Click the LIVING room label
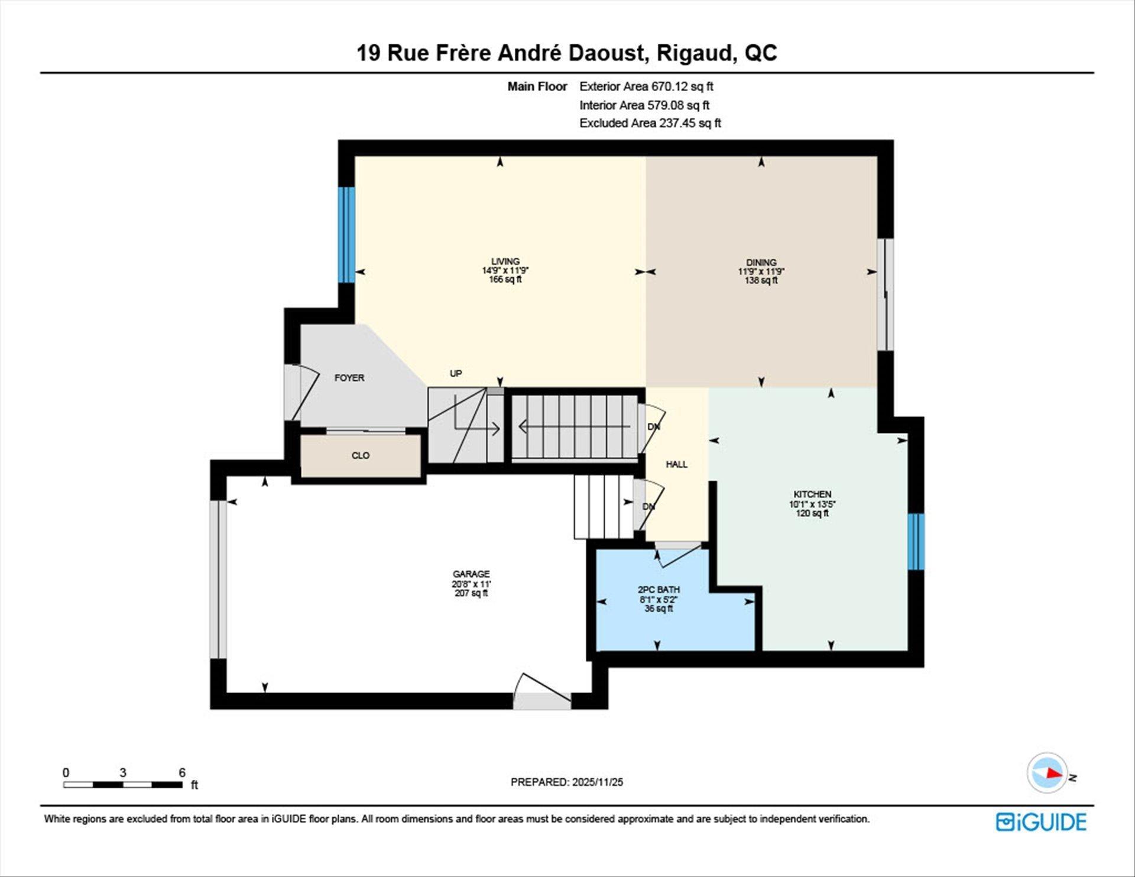(x=505, y=261)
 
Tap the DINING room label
(x=761, y=263)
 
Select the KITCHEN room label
(x=812, y=494)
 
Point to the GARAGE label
(x=471, y=574)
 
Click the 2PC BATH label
(x=659, y=590)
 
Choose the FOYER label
(x=349, y=378)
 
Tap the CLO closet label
(x=361, y=455)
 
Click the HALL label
(x=676, y=464)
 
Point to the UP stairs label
(x=456, y=373)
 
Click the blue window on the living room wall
(x=346, y=235)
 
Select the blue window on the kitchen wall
(x=915, y=541)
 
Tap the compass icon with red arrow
(x=1048, y=773)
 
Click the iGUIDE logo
(x=1041, y=822)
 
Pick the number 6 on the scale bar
(x=182, y=772)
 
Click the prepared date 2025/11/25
(x=597, y=782)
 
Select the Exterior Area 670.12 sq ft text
(x=646, y=86)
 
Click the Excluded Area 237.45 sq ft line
(x=650, y=123)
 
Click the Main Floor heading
(x=537, y=86)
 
